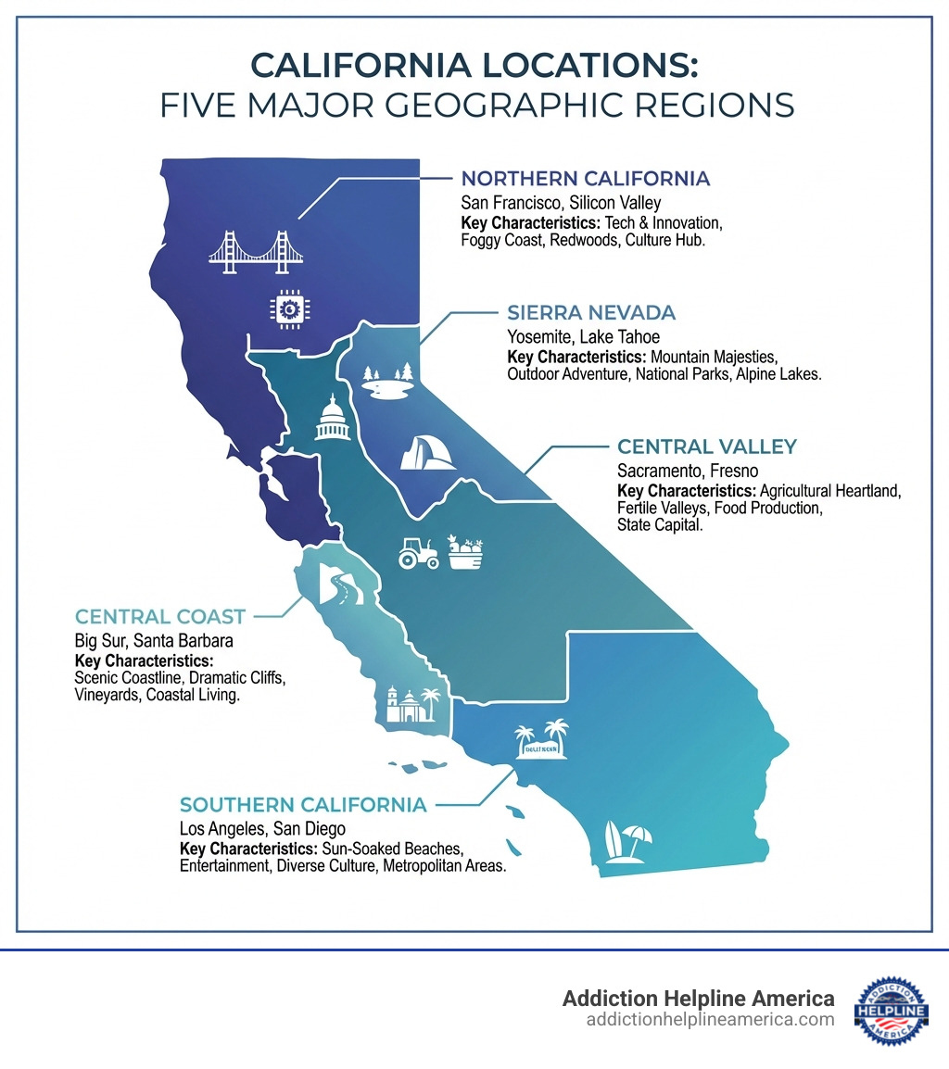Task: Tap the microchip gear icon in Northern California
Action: [285, 308]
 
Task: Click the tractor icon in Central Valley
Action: [418, 552]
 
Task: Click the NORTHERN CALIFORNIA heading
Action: [586, 179]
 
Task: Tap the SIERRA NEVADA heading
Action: [591, 312]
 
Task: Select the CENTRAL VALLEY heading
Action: [707, 446]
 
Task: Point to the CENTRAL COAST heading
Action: [160, 617]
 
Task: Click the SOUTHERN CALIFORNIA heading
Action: [303, 805]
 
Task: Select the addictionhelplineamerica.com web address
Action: [710, 1020]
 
